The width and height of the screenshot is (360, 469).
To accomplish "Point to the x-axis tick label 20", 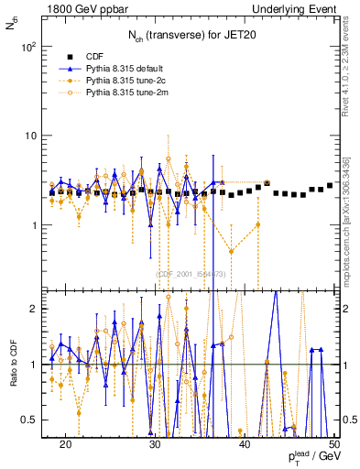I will pos(65,444).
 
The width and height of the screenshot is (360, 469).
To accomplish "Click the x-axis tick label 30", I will pos(155,444).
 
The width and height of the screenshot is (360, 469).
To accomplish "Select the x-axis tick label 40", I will pos(244,444).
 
